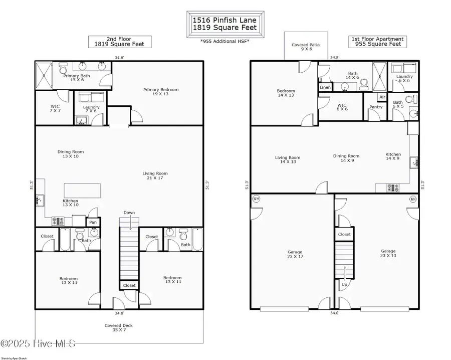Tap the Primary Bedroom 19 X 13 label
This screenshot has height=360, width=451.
click(160, 92)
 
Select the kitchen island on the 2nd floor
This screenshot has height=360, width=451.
click(82, 191)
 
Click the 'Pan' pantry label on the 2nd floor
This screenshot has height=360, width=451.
click(93, 222)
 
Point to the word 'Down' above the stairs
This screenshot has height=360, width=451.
click(129, 213)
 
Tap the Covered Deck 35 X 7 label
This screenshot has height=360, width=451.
click(118, 328)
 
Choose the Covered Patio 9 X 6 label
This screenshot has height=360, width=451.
click(306, 47)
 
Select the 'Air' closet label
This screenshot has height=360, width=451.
click(382, 97)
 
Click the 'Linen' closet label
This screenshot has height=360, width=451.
click(325, 87)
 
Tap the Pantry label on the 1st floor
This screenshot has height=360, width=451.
click(375, 107)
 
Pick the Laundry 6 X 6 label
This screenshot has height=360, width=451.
click(404, 79)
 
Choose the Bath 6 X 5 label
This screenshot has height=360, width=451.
click(397, 104)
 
